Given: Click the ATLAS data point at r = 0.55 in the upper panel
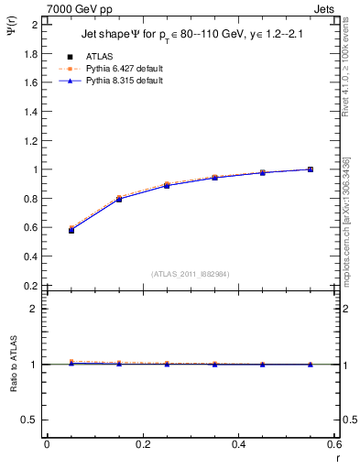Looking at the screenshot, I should pos(311,169).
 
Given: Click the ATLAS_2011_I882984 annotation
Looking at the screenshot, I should pos(190,273).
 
